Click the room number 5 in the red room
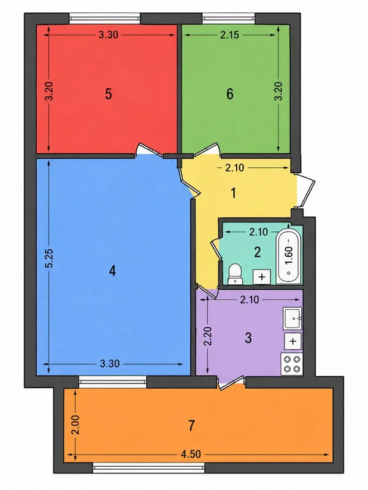coord(109,94)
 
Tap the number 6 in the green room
coord(229,94)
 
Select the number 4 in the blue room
coord(112,271)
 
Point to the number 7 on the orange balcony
coord(191,425)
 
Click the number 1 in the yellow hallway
coord(234,193)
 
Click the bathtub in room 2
coord(288,256)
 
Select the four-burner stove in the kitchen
coord(292,364)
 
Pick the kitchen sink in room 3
coord(293,318)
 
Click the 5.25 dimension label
coord(49,258)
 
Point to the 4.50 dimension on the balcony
coord(191,454)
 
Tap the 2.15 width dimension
coord(229,35)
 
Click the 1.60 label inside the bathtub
coord(289,255)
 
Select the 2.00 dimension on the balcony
coord(75,424)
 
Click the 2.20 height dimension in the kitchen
coord(207,336)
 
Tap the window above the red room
coord(104,18)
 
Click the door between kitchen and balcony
coord(231,382)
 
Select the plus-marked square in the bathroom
coord(262,277)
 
